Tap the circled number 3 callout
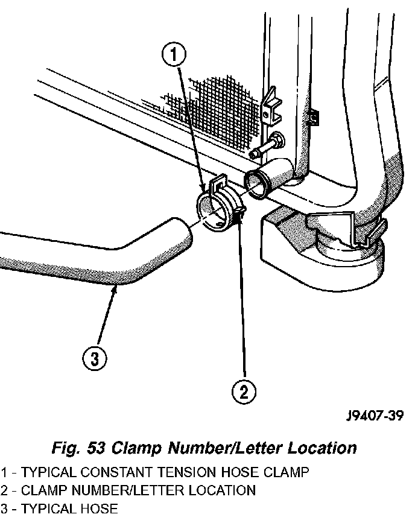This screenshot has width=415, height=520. tap(94, 360)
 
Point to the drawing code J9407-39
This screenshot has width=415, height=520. tap(375, 416)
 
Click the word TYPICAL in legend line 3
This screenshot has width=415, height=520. tap(45, 509)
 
